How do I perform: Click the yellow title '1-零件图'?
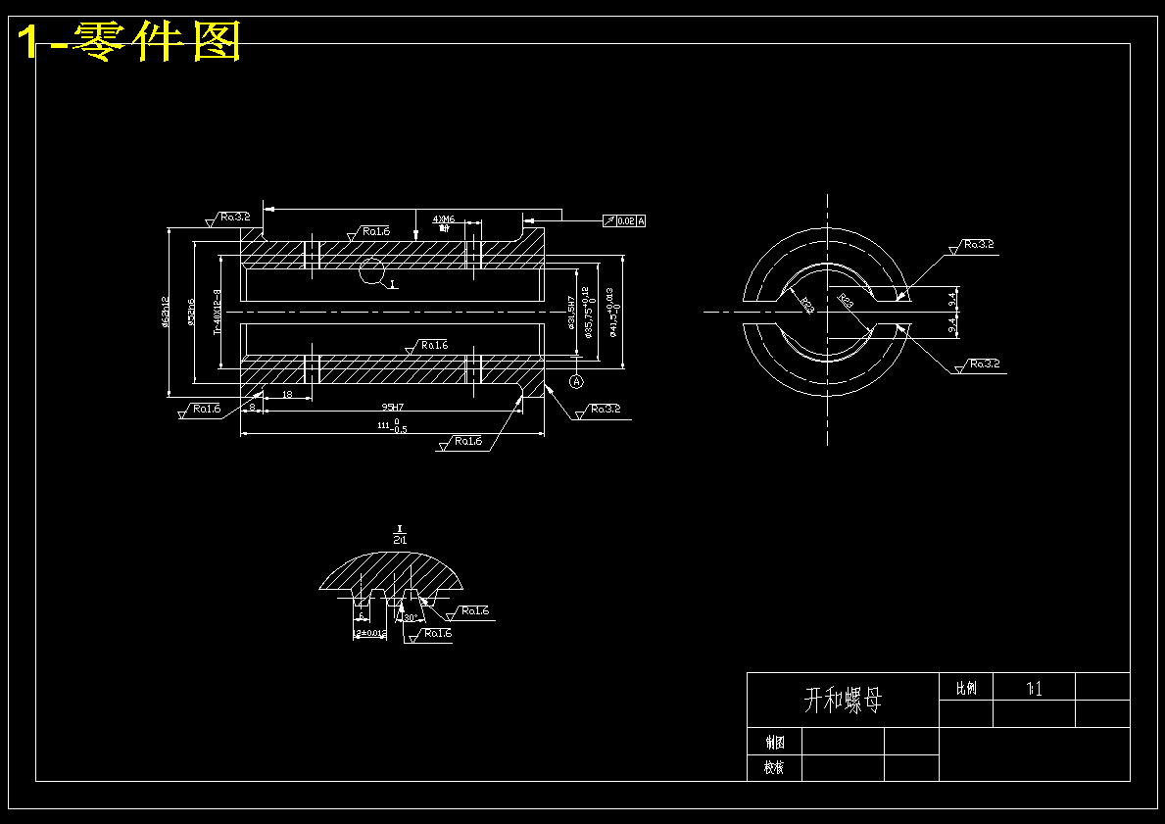pos(129,42)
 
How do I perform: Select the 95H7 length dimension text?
pos(393,407)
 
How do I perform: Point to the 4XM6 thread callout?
pos(444,220)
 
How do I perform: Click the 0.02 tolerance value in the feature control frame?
pos(626,221)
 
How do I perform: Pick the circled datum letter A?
pos(576,380)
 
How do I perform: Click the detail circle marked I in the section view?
pos(372,272)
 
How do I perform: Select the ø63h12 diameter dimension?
pos(167,313)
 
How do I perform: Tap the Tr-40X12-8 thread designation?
pos(218,313)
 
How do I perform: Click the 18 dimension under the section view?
pos(286,394)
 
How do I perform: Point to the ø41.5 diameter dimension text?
pos(610,312)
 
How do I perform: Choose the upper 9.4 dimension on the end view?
pos(952,294)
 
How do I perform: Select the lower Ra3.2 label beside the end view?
pos(983,364)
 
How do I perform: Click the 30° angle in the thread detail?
pos(410,618)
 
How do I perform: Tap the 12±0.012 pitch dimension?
pos(370,634)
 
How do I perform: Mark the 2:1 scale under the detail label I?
pos(400,540)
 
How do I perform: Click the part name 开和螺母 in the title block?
pos(843,700)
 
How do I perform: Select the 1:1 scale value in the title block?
pos(1034,689)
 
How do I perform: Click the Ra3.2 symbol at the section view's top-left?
pos(233,217)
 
